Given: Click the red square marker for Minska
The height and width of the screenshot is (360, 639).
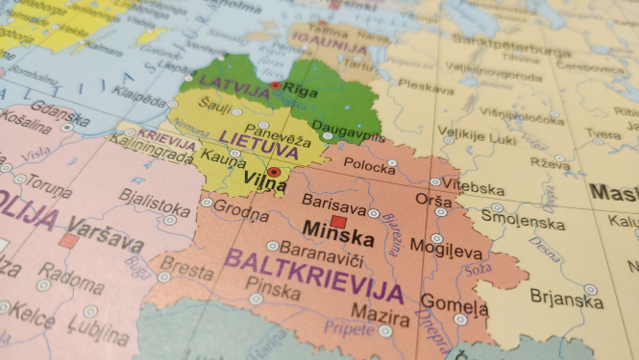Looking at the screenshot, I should click(338, 222).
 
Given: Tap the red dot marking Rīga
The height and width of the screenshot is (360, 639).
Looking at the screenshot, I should click(275, 85).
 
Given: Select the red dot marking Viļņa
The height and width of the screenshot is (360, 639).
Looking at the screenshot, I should click(274, 173).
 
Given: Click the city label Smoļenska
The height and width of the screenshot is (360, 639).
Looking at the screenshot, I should click(525, 222).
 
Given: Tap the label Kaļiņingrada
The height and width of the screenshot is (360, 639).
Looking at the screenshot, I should click(143, 152).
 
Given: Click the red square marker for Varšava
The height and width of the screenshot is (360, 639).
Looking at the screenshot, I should click(67, 241).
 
